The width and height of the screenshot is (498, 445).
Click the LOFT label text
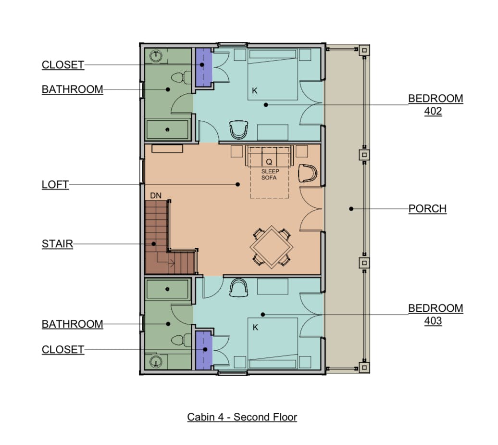[x=55, y=185]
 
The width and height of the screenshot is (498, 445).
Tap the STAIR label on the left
[x=58, y=244]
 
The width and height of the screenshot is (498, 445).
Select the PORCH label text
[x=427, y=208]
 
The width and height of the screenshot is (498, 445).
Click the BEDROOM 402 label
[x=436, y=104]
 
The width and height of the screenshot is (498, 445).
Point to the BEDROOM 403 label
[x=436, y=314]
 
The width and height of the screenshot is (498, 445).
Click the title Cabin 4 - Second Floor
[x=242, y=417]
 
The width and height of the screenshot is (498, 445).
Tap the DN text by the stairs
[x=156, y=195]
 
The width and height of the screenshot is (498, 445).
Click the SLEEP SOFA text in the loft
[x=270, y=175]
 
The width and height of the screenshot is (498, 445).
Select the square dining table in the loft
[x=272, y=247]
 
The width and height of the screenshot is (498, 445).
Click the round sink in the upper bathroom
[x=156, y=56]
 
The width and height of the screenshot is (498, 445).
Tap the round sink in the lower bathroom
[x=156, y=362]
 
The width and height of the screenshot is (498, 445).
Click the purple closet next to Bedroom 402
[x=203, y=67]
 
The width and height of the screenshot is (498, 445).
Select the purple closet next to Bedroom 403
[x=203, y=350]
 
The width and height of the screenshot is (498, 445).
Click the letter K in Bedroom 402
[x=255, y=91]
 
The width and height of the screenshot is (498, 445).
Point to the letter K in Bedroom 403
[x=255, y=328]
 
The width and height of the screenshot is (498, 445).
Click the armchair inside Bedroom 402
[x=238, y=129]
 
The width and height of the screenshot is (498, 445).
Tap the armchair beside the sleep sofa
[x=308, y=173]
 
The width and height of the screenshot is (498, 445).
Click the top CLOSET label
[x=63, y=65]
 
